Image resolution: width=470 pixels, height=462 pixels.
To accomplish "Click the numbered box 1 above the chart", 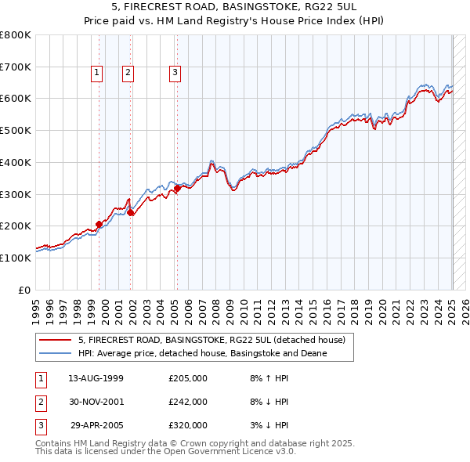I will tap(96, 73).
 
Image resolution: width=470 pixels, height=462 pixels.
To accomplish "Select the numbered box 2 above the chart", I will tap(128, 73).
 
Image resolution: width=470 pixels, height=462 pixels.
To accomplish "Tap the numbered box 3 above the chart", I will tap(175, 73).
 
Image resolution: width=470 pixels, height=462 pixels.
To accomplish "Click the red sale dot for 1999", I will tap(99, 224).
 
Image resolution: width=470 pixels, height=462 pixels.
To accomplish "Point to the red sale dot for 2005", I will tap(178, 188).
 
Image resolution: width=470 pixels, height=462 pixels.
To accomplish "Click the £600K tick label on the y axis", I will tap(16, 99).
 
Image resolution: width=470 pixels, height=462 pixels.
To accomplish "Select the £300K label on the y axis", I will tap(16, 194).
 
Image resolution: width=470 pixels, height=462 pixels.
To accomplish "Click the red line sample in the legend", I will tap(56, 340).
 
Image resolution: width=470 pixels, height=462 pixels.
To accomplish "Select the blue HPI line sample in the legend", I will tap(56, 353).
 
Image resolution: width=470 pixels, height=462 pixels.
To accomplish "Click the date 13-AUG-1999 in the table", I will tap(96, 379).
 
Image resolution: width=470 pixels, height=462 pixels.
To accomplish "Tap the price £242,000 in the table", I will tap(188, 402).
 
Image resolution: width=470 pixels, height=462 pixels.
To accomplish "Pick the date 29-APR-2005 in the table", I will tap(96, 425).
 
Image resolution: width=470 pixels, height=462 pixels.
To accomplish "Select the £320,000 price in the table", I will tap(188, 425).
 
